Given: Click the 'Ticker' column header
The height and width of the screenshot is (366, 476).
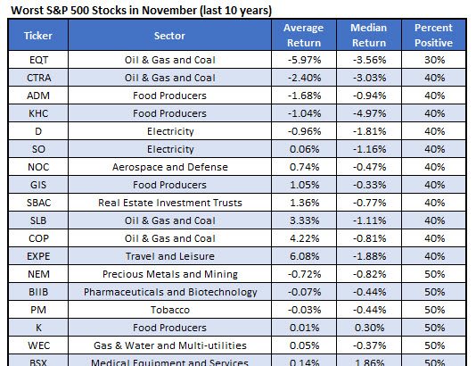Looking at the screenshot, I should coord(37,36).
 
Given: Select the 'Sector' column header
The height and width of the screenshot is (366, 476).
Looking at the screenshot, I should coord(169,36).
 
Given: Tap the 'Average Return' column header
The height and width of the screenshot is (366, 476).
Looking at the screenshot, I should coord(303,36).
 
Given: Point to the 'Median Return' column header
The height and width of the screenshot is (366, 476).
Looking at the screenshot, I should coord(369,36).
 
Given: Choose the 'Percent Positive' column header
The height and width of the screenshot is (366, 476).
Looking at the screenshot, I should coord(433,36).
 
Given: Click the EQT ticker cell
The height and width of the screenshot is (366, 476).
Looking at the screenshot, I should coord(37,60).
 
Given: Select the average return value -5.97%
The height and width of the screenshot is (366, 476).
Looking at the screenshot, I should coord(303,60).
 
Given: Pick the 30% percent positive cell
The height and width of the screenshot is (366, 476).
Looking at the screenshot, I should coord(433,60).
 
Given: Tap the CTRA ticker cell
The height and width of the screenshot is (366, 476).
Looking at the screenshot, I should coord(37,78).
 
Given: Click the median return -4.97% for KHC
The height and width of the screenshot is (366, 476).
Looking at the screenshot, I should coord(369,113).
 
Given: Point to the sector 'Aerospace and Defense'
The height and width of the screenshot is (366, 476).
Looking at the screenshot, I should coord(169,167).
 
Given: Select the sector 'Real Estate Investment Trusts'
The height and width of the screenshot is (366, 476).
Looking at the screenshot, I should coord(169,203).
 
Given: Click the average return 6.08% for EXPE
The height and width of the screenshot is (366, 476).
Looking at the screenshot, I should coord(303,256).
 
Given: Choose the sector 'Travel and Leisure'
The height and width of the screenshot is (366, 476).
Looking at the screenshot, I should coord(169,256).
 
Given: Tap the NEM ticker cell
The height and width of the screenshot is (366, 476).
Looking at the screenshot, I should coord(37,274).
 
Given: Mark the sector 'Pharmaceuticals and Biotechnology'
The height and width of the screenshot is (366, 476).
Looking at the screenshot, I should coord(169,292).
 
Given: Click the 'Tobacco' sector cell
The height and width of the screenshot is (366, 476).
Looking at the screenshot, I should coord(169,310).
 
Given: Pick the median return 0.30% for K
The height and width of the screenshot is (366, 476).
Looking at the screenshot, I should coord(369,328).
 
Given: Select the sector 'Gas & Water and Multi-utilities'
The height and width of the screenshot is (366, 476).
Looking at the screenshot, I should coord(169,345).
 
